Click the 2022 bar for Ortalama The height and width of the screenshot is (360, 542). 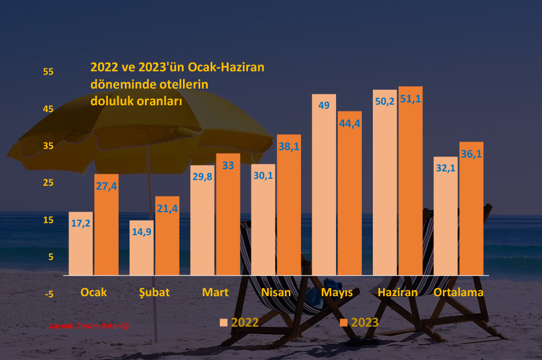446,224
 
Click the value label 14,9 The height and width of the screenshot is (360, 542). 142,232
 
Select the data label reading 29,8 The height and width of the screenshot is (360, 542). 201,177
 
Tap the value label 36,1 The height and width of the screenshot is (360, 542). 471,154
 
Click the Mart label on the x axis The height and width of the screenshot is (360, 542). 215,292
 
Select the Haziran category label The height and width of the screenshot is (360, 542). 398,292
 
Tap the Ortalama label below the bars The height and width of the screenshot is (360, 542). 459,292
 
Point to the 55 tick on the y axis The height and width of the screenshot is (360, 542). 48,72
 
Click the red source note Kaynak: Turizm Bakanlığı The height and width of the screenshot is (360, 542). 90,326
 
